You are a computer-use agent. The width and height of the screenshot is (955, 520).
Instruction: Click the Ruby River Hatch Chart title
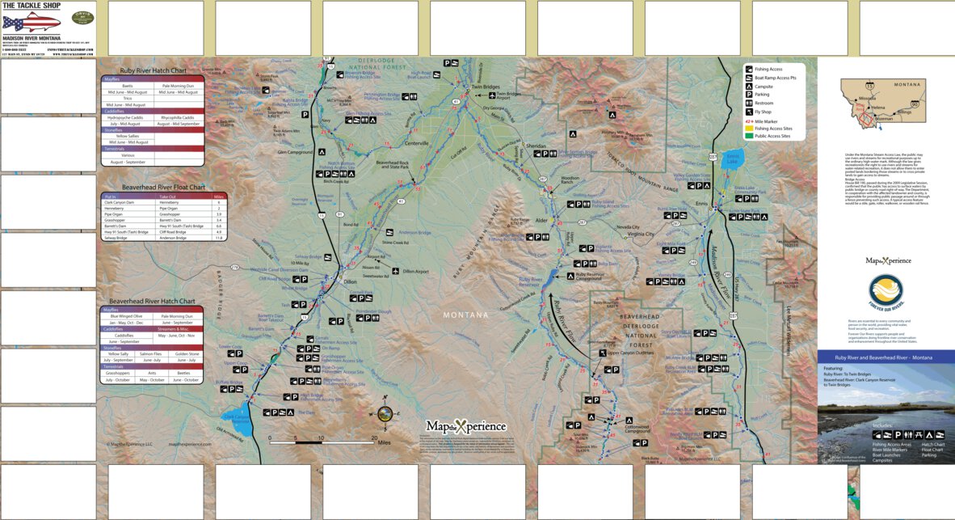pyautogui.click(x=152, y=70)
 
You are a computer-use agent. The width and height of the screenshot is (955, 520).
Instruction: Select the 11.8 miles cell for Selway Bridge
pyautogui.click(x=195, y=238)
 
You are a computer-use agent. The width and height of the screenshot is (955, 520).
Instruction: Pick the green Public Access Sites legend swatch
pyautogui.click(x=749, y=136)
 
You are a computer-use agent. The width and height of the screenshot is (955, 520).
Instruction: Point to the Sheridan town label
pyautogui.click(x=536, y=146)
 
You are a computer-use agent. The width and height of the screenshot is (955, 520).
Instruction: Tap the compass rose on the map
pyautogui.click(x=385, y=413)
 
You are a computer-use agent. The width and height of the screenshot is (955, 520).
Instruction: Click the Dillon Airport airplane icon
pyautogui.click(x=395, y=271)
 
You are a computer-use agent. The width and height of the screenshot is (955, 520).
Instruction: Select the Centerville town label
pyautogui.click(x=417, y=143)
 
